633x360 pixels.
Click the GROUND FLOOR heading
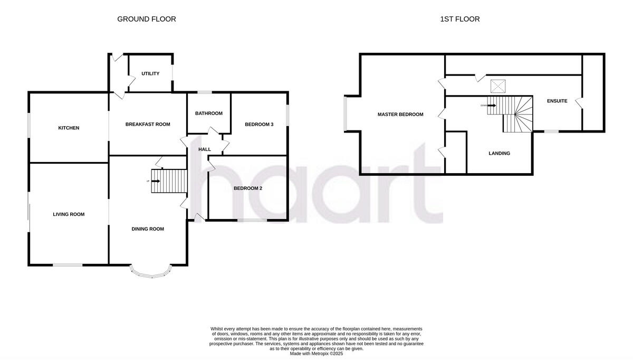(x=146, y=19)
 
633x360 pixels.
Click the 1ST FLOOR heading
(x=459, y=19)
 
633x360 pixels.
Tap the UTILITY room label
(x=150, y=74)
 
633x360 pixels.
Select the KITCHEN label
(x=69, y=128)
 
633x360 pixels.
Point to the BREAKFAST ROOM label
(x=148, y=125)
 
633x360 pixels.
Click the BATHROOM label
(x=209, y=113)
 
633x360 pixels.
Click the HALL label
(x=205, y=149)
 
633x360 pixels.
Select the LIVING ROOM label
(x=69, y=214)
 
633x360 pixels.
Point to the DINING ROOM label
(x=148, y=229)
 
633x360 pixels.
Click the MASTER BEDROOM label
(x=400, y=115)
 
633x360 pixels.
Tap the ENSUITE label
(x=557, y=101)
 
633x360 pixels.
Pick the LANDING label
(x=499, y=154)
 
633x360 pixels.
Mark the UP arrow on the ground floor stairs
(x=155, y=181)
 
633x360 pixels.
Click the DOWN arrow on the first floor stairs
(x=492, y=105)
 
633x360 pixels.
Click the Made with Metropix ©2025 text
(x=316, y=354)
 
